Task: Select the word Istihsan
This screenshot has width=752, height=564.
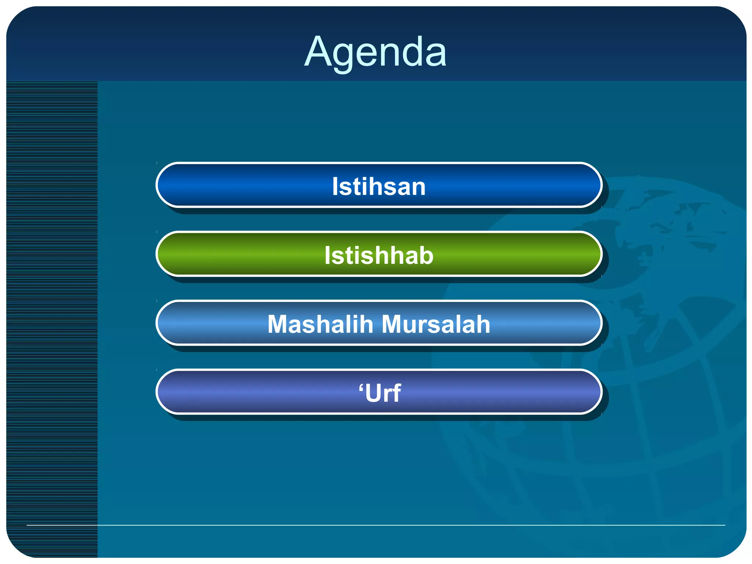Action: point(379,186)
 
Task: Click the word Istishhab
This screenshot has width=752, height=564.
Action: point(379,255)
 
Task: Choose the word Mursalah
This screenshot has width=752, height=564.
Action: point(436,324)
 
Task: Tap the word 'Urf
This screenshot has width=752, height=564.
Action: point(380,393)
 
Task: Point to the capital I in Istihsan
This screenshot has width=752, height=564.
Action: point(335,186)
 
